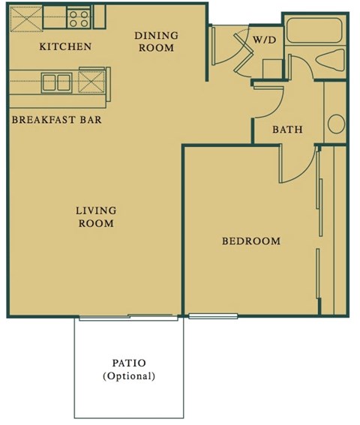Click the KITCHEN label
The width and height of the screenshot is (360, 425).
(65, 46)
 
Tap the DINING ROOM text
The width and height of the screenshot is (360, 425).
(155, 41)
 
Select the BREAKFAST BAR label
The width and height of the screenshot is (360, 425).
(56, 119)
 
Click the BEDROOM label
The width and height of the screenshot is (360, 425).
(250, 241)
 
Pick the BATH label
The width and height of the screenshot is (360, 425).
(287, 129)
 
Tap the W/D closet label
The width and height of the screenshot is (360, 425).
(262, 39)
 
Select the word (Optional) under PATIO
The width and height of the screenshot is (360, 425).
(128, 376)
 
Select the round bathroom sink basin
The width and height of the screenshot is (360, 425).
(335, 121)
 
